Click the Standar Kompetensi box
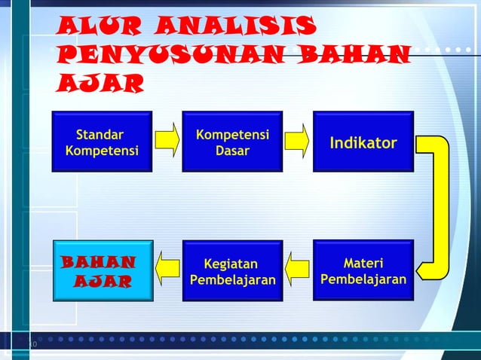pyautogui.click(x=102, y=142)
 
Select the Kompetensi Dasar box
pyautogui.click(x=232, y=142)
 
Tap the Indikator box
pyautogui.click(x=363, y=142)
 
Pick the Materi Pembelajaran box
pyautogui.click(x=363, y=270)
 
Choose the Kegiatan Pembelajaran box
pyautogui.click(x=232, y=270)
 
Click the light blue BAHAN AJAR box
pyautogui.click(x=103, y=270)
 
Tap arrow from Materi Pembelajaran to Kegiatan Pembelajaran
pyautogui.click(x=298, y=270)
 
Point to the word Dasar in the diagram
pyautogui.click(x=232, y=151)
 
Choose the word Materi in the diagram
pyautogui.click(x=363, y=264)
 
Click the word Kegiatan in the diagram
pyautogui.click(x=231, y=264)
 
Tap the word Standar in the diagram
pyautogui.click(x=100, y=135)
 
